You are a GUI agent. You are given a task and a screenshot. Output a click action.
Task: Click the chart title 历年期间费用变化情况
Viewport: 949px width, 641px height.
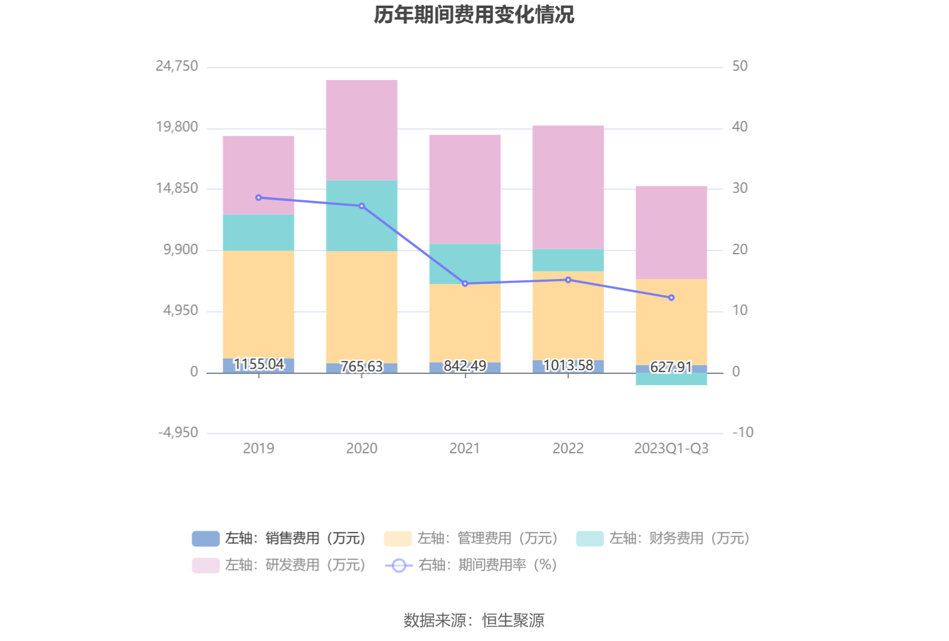click(474, 14)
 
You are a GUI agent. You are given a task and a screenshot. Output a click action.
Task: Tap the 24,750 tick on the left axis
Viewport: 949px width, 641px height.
click(177, 66)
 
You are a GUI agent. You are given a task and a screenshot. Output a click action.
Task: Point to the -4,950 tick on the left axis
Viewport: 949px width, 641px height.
click(178, 433)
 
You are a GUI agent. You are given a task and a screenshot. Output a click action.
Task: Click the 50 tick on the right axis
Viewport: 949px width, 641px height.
click(739, 66)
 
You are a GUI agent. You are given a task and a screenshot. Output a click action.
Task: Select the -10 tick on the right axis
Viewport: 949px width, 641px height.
click(743, 433)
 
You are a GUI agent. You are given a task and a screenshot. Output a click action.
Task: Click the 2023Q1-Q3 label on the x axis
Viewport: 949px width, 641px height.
click(671, 448)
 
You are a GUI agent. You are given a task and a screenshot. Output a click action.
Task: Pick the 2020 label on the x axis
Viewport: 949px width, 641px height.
click(361, 448)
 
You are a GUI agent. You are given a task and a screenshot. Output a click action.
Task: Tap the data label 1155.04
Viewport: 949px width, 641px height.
click(258, 364)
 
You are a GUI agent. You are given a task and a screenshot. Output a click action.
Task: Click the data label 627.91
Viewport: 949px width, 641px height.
click(671, 367)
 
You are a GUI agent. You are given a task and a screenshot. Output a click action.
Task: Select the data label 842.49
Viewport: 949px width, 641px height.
click(465, 366)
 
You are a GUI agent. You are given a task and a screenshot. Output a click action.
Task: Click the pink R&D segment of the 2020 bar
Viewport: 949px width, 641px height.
click(361, 130)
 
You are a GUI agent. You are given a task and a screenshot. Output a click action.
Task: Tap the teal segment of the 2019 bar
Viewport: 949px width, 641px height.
click(258, 232)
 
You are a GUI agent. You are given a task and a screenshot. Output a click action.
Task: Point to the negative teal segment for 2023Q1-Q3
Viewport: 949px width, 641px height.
click(671, 379)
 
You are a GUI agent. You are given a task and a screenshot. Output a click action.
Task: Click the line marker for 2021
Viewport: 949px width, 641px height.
click(465, 283)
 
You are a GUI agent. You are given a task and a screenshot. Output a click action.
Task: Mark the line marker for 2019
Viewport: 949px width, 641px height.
click(258, 198)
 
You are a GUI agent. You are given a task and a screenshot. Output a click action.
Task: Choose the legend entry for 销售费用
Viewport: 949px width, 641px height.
click(279, 538)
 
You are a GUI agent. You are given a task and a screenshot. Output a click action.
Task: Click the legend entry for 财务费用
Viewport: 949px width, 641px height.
click(663, 538)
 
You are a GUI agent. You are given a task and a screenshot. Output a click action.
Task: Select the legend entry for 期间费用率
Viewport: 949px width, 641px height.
click(471, 565)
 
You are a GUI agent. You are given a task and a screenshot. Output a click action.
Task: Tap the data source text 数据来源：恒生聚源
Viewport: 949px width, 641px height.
click(474, 620)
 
